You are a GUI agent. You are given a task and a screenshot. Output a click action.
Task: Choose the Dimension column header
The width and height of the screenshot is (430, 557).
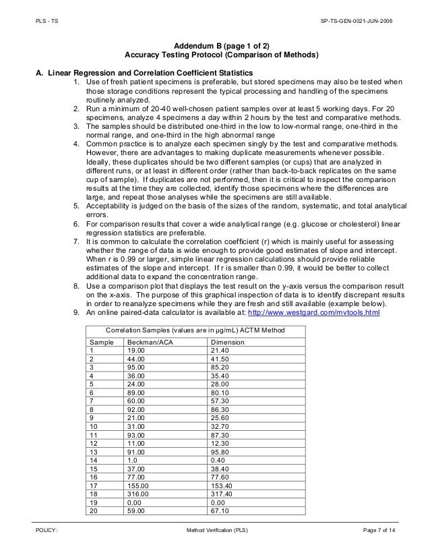click(x=227, y=343)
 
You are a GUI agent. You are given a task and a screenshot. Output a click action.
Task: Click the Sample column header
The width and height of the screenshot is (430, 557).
click(x=101, y=343)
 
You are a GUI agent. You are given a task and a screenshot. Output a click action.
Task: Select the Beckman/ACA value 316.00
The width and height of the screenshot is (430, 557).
click(x=138, y=493)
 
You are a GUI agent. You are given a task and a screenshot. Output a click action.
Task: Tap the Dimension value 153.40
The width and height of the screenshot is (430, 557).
click(x=222, y=483)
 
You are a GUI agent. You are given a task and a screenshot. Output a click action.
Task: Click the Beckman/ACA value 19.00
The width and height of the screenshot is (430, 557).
click(x=136, y=351)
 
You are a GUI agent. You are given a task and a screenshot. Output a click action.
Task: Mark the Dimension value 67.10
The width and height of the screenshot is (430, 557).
click(x=220, y=512)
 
